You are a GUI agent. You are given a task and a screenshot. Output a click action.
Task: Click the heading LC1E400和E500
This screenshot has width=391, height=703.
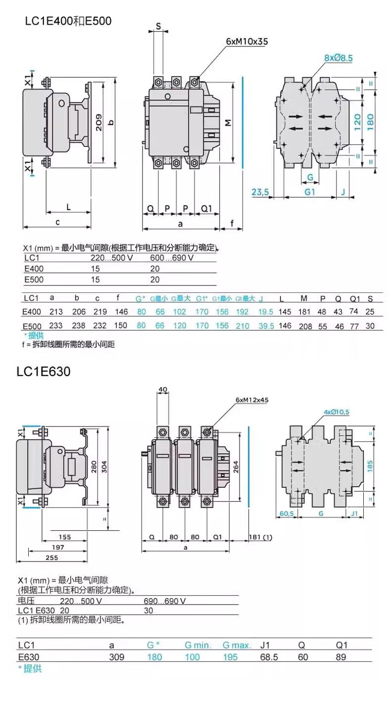pos(68,21)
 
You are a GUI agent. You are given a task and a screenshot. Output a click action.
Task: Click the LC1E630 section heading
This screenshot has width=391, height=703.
pos(44,371)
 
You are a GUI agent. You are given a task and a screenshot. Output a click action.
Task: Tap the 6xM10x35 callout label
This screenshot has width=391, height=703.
pos(247,42)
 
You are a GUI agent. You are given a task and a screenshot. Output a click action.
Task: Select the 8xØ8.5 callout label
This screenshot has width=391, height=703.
pos(339,58)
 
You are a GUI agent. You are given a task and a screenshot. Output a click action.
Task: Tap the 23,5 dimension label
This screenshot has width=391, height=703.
pos(259,192)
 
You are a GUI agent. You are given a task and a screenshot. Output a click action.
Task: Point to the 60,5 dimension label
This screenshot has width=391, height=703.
pos(287,514)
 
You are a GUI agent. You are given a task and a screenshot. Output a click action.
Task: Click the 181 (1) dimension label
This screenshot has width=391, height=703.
pos(261,537)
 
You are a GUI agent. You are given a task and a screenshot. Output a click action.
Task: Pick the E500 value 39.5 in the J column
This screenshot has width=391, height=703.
pos(266,326)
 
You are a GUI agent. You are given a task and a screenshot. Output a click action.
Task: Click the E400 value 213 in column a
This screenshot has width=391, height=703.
pos(56,312)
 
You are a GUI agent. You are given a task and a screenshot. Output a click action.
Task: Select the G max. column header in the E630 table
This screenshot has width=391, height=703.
pos(237,645)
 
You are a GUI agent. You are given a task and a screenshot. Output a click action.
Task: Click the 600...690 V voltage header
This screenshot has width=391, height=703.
pos(171,258)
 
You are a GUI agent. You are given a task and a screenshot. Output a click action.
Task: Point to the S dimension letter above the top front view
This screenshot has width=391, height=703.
pos(158,26)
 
